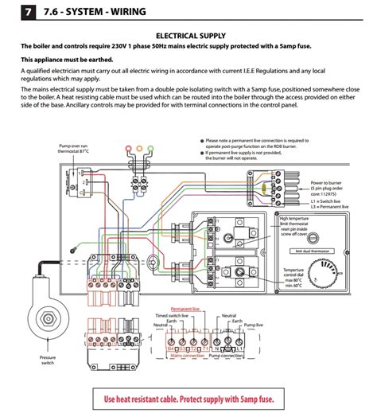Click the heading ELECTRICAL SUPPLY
(x=188, y=36)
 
